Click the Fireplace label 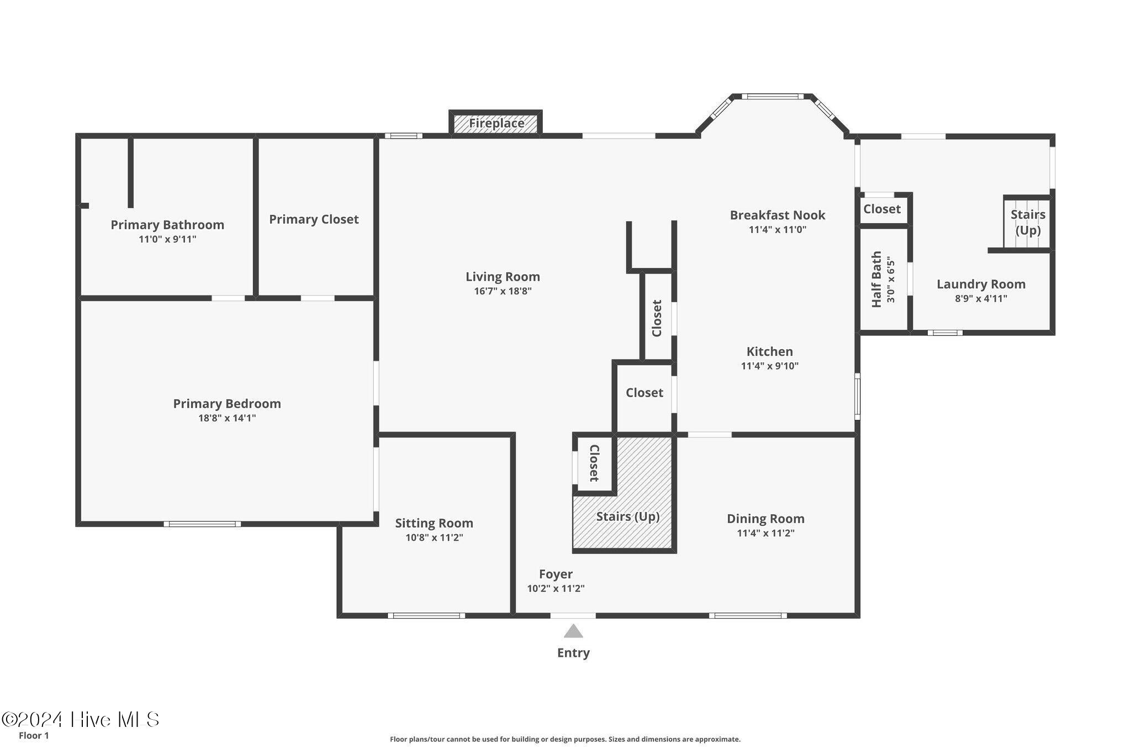point(496,123)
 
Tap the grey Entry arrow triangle point(573,631)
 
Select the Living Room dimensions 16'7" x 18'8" point(503,291)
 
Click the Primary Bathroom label point(167,225)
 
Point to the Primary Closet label point(314,219)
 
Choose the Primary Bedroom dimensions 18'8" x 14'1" point(227,418)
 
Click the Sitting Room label point(434,523)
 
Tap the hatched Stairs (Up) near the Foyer point(628,516)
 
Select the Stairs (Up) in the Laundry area point(1028,222)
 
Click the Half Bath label point(876,280)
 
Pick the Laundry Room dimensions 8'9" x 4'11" point(981,299)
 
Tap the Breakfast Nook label point(778,215)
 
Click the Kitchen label point(769,351)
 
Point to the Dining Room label point(765,519)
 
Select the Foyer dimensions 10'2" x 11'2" point(556,589)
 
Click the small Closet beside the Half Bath point(882,209)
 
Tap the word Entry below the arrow point(573,653)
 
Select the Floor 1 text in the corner point(34,736)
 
